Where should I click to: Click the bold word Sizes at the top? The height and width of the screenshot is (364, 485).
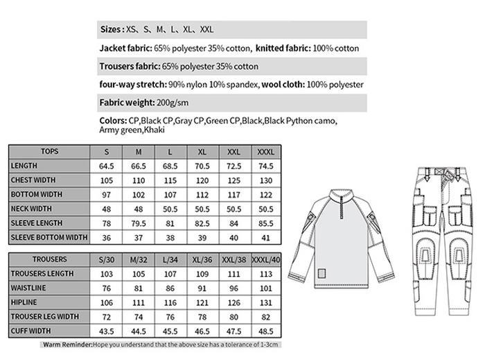pyautogui.click(x=112, y=30)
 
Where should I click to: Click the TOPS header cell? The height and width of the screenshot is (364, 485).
pyautogui.click(x=50, y=152)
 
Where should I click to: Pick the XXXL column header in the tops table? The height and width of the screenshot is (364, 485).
pyautogui.click(x=265, y=152)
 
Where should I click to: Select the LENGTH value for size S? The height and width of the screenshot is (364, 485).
pyautogui.click(x=106, y=166)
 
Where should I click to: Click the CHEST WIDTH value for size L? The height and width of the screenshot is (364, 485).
pyautogui.click(x=170, y=180)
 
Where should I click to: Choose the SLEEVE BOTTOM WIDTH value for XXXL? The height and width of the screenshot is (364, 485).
pyautogui.click(x=265, y=237)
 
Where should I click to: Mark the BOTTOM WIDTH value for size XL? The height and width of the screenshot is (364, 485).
pyautogui.click(x=202, y=195)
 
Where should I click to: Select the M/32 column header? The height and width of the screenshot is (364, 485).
pyautogui.click(x=139, y=259)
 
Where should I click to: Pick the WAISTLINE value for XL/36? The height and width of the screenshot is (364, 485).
pyautogui.click(x=202, y=288)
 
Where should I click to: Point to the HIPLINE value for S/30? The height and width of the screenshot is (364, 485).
pyautogui.click(x=106, y=302)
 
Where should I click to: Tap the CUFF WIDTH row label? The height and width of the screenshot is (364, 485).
pyautogui.click(x=31, y=331)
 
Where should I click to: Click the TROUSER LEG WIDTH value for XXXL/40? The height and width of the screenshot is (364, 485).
pyautogui.click(x=265, y=316)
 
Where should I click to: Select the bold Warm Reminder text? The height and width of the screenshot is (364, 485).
pyautogui.click(x=67, y=345)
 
